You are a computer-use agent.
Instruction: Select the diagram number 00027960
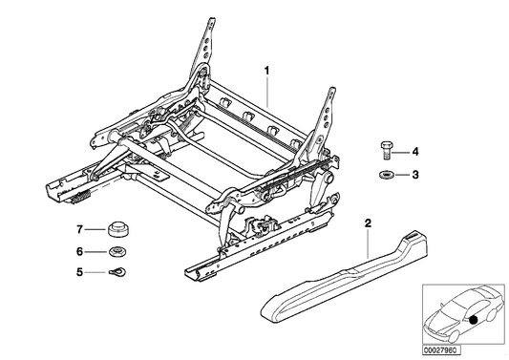[x=456, y=350]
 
